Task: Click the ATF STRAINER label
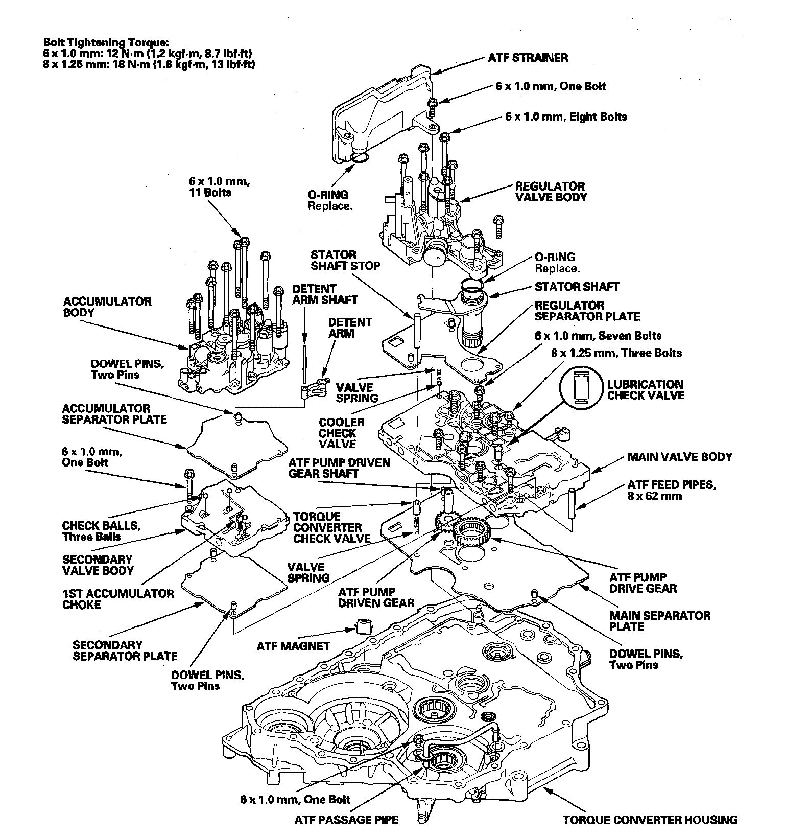pyautogui.click(x=528, y=57)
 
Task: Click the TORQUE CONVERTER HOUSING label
pyautogui.click(x=650, y=820)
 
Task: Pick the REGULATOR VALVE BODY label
pyautogui.click(x=551, y=192)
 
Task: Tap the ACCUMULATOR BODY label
pyautogui.click(x=107, y=307)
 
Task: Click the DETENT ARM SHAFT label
pyautogui.click(x=325, y=294)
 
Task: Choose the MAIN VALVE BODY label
pyautogui.click(x=680, y=457)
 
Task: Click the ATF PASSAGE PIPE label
pyautogui.click(x=346, y=820)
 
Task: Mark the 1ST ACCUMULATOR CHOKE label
pyautogui.click(x=118, y=599)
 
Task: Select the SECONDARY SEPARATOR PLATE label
pyautogui.click(x=125, y=650)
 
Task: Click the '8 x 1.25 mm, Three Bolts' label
pyautogui.click(x=616, y=353)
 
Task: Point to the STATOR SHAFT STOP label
pyautogui.click(x=346, y=260)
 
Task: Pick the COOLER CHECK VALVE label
pyautogui.click(x=342, y=433)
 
